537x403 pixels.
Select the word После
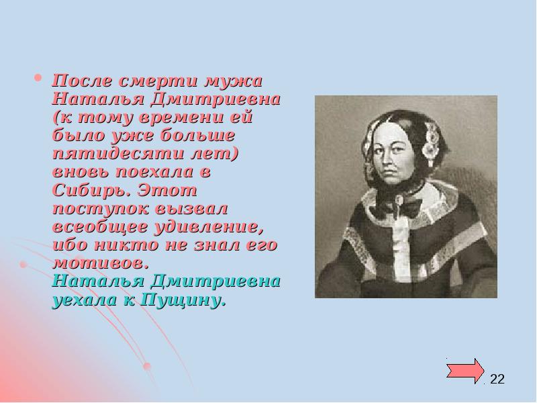pos(76,80)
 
